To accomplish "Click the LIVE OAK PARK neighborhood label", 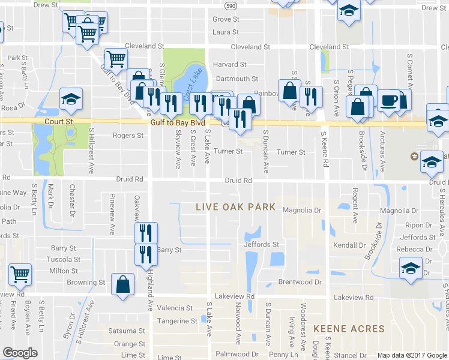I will click(236, 207).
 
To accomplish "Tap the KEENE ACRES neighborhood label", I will click(348, 329).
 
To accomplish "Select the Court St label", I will click(61, 121).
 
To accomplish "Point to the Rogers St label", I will click(128, 136).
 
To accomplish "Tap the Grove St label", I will click(226, 19).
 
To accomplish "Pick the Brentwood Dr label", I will click(300, 282).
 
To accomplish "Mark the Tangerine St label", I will click(177, 321).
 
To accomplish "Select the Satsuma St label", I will click(127, 331).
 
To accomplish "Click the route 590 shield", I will click(231, 5).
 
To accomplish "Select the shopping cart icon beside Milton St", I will click(20, 273).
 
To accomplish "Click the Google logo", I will click(20, 353).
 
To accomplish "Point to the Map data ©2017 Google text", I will click(412, 355).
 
